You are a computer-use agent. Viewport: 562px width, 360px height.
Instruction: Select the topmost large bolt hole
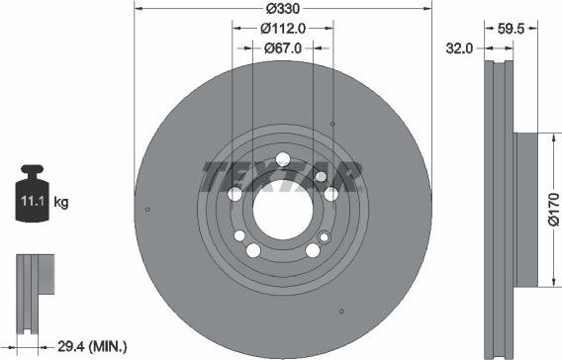coord(283,160)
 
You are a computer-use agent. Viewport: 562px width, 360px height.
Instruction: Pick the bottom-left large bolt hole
coord(253,250)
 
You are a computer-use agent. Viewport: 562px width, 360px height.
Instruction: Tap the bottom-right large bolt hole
coord(312,250)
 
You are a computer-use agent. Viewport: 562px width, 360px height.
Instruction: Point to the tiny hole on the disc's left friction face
coord(147,209)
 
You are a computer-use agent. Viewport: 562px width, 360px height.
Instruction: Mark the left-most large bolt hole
coord(235,195)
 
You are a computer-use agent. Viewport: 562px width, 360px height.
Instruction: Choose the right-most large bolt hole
coord(329,195)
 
